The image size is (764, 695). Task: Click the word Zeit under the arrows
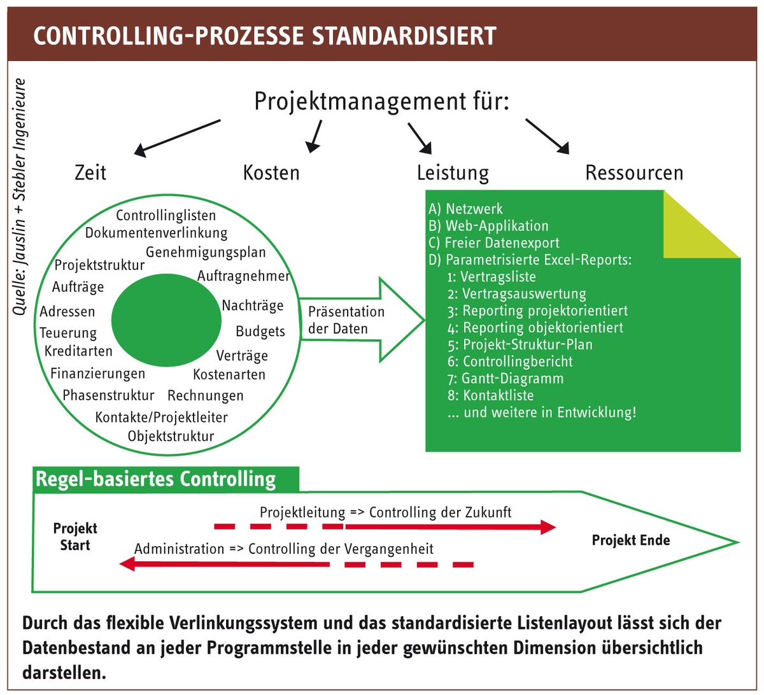point(90,172)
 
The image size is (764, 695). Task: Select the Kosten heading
point(271,172)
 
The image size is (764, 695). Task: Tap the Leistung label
point(453,173)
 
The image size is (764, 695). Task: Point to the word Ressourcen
point(634,172)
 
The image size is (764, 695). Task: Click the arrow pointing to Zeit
point(177,138)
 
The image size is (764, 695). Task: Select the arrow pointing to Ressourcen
point(548,136)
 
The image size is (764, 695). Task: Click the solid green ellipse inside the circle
point(166,320)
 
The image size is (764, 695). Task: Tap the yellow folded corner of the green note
point(693,232)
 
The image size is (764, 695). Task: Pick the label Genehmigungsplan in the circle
point(206,253)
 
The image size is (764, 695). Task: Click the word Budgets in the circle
point(260,332)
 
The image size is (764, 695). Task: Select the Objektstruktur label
point(171,436)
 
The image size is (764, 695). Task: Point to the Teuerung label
point(68,333)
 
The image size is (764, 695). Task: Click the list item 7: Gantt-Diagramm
point(506,379)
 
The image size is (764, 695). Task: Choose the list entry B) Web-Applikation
point(488,226)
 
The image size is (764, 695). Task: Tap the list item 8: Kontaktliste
point(490,395)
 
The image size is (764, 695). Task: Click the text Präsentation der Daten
point(346,320)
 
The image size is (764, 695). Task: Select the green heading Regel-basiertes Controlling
point(155,479)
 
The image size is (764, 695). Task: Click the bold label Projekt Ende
point(631,540)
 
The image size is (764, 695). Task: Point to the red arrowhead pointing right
point(548,527)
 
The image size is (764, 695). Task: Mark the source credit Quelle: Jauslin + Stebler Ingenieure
point(19,197)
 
